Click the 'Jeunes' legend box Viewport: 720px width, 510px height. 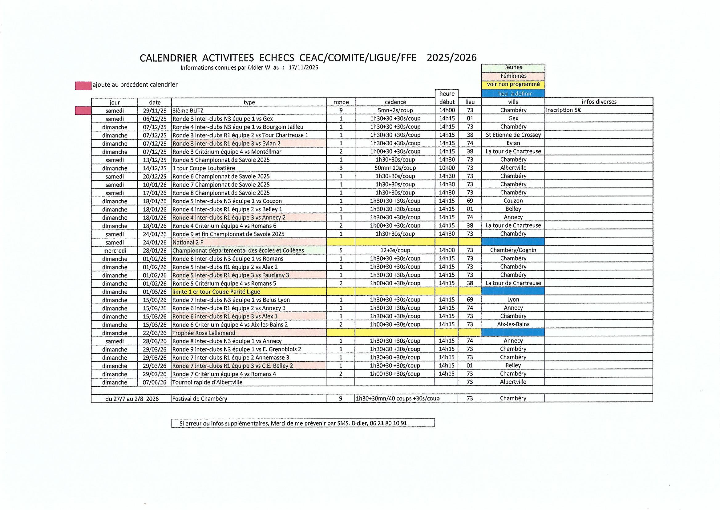click(513, 68)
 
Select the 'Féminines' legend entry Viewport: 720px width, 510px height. click(513, 76)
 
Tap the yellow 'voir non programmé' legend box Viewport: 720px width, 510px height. click(513, 84)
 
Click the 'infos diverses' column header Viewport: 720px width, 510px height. click(599, 102)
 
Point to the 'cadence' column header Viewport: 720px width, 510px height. click(395, 102)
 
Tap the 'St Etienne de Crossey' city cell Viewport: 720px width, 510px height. click(513, 135)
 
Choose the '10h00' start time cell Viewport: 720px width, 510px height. click(447, 168)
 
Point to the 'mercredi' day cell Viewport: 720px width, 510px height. click(115, 251)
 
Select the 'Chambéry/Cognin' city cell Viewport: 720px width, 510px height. click(513, 250)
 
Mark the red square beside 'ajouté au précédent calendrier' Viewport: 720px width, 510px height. click(83, 86)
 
